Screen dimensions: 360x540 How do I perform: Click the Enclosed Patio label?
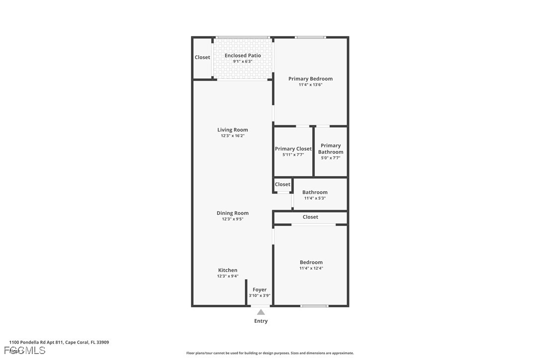click(x=243, y=56)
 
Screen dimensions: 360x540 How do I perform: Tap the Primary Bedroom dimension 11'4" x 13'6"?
click(x=310, y=85)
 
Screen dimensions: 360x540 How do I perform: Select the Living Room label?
click(x=232, y=130)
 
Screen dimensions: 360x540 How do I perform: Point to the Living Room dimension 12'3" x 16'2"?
click(x=232, y=136)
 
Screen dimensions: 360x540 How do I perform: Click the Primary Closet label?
click(x=293, y=149)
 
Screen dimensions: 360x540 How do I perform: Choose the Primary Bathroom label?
click(x=331, y=149)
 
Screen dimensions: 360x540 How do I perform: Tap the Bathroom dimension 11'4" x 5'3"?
click(x=315, y=198)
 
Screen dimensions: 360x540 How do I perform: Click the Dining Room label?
click(x=232, y=213)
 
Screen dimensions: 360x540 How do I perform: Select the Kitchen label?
click(x=228, y=270)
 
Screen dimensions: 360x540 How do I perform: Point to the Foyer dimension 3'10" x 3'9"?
click(x=260, y=296)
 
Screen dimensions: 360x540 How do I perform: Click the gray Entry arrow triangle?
click(x=261, y=312)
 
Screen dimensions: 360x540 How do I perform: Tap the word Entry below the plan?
click(x=261, y=321)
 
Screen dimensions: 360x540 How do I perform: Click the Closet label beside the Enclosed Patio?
click(x=202, y=57)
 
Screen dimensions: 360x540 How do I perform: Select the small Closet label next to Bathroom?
click(x=282, y=184)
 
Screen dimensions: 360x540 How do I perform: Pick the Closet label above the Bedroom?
click(x=310, y=217)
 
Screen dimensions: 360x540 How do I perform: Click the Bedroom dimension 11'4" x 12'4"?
click(x=311, y=269)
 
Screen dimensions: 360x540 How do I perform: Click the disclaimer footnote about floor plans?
click(x=270, y=353)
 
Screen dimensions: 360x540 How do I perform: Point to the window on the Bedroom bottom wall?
click(x=315, y=306)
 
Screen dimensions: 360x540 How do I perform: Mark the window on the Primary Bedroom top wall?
click(x=310, y=37)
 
